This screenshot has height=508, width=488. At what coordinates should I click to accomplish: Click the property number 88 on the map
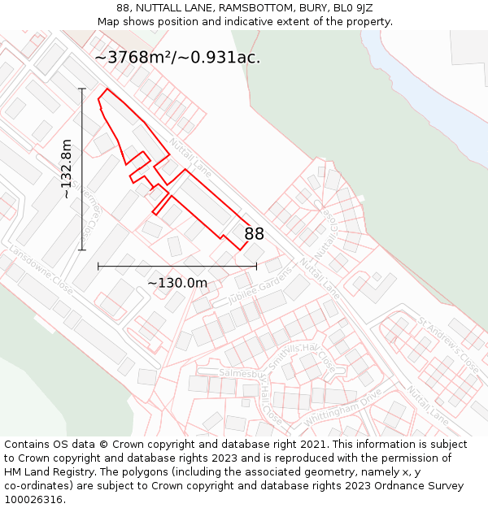(x=254, y=234)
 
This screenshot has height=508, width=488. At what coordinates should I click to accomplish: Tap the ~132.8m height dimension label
(x=67, y=170)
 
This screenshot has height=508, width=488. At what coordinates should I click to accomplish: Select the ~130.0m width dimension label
(x=177, y=283)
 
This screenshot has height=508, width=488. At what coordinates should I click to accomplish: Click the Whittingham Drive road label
(x=342, y=410)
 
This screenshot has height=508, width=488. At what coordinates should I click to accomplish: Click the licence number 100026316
(x=33, y=499)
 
